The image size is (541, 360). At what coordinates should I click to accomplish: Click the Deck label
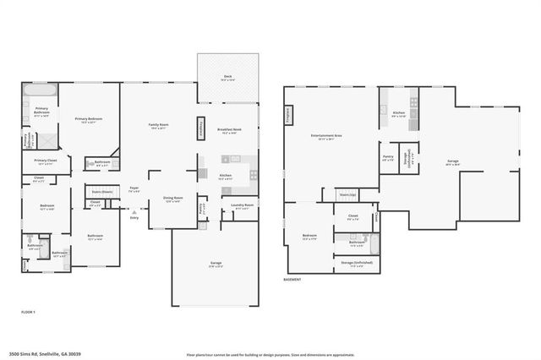(228, 77)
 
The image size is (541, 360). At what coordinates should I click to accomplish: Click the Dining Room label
(172, 199)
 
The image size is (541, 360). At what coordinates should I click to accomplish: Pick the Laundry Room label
(240, 206)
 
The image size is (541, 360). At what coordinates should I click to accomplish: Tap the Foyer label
(134, 188)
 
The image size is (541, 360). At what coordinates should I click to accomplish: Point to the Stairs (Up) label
(347, 194)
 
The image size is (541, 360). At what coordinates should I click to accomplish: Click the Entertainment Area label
(325, 136)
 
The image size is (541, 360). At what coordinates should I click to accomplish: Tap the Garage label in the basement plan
(453, 161)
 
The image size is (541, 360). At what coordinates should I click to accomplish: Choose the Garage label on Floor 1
(216, 264)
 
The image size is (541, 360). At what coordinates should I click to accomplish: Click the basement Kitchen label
(399, 113)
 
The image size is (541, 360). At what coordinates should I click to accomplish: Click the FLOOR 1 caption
(29, 312)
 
